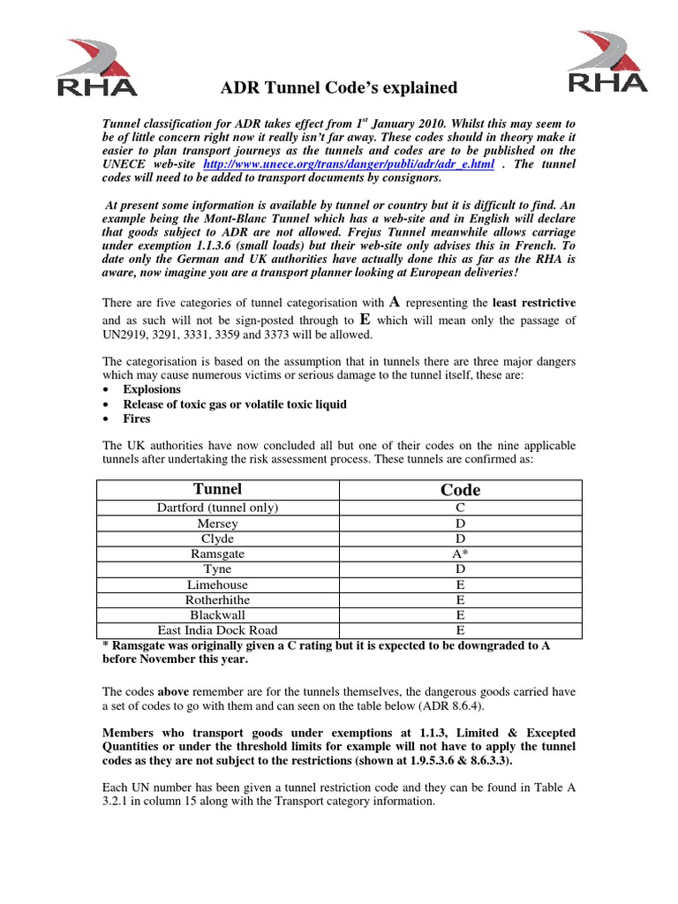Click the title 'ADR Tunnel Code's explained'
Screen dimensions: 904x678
338,87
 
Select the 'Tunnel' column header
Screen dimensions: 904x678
217,489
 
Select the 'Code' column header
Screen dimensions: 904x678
460,489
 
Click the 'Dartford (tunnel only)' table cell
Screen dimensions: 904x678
217,508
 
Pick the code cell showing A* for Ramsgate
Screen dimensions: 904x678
460,554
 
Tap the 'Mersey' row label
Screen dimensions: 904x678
217,523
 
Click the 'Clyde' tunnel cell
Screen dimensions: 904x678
217,539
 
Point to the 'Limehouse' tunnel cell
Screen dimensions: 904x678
217,584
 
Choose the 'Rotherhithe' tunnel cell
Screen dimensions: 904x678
217,599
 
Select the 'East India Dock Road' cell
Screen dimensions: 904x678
217,630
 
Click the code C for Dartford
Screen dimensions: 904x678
460,508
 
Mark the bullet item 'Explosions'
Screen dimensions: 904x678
152,389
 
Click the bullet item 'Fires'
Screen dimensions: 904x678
137,419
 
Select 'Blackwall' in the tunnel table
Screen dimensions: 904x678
217,615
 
